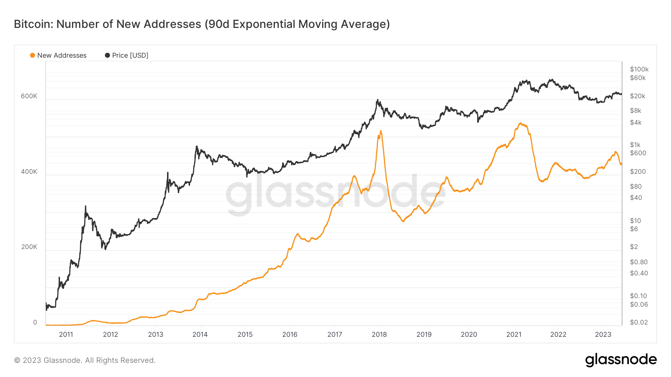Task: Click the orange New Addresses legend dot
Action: [32, 55]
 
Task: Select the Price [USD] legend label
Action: [130, 55]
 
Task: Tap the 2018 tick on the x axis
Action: [379, 334]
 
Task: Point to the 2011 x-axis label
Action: [66, 334]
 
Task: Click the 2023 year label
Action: [603, 334]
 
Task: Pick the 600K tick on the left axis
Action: [29, 96]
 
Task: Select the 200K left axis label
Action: [29, 247]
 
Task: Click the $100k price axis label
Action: [639, 69]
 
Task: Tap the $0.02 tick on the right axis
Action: [639, 322]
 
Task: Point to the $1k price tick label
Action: [635, 145]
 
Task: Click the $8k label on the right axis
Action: [636, 111]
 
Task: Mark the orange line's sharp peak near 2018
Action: [381, 131]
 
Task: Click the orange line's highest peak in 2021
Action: [520, 123]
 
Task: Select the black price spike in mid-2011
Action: [85, 206]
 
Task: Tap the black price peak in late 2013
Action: [196, 146]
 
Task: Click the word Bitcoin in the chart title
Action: [34, 24]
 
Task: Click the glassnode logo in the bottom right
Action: [621, 360]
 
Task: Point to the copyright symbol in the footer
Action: [17, 360]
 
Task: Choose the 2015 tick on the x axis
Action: [245, 334]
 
